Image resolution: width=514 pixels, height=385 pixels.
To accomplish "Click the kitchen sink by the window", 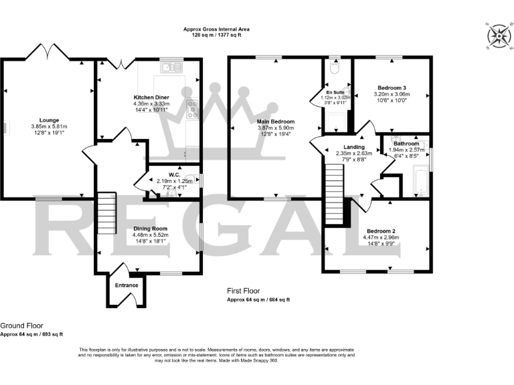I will click(x=167, y=68).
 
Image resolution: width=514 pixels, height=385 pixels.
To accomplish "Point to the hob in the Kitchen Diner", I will click(x=192, y=109).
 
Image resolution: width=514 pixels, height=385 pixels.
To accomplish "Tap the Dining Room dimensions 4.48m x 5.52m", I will click(x=149, y=235).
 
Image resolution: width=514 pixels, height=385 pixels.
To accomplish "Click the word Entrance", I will click(x=126, y=285).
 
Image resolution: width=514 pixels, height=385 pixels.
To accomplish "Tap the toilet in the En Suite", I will click(x=335, y=69).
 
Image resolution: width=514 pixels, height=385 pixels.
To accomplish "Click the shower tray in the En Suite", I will click(x=335, y=120).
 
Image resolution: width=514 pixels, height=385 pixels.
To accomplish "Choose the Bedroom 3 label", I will click(x=392, y=88).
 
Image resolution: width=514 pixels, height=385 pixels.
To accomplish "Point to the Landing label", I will click(x=353, y=146).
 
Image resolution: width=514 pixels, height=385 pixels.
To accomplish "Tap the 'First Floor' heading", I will click(x=243, y=291).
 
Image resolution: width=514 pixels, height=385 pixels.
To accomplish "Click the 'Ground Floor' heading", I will click(x=19, y=324).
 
